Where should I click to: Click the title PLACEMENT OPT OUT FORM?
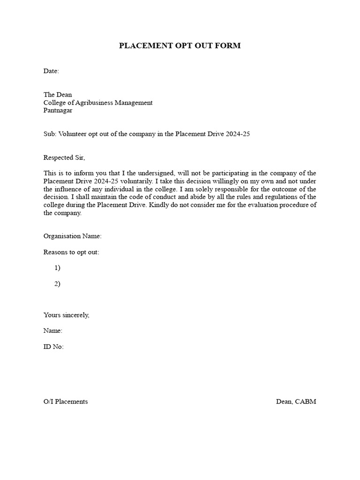[180, 45]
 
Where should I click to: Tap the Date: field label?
[51, 71]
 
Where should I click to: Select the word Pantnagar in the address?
[58, 111]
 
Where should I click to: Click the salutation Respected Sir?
[65, 157]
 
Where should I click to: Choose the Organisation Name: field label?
[72, 236]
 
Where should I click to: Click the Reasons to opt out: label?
[71, 252]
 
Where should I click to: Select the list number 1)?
[57, 268]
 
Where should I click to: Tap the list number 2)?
[57, 284]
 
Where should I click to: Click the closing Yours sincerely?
[66, 315]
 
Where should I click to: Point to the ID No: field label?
[53, 347]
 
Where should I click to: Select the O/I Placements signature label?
[66, 402]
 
